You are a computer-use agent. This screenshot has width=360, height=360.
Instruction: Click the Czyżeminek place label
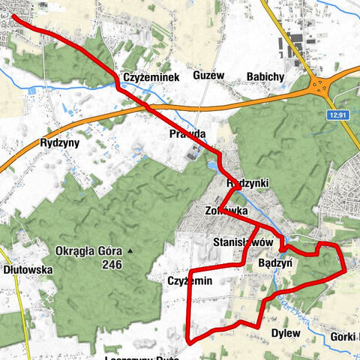pyautogui.click(x=145, y=77)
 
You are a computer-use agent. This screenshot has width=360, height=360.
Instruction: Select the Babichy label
pyautogui.click(x=265, y=76)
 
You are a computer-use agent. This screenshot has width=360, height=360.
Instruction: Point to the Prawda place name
pyautogui.click(x=187, y=135)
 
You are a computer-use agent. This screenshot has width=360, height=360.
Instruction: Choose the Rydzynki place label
pyautogui.click(x=247, y=183)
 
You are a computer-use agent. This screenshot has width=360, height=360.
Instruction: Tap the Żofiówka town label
pyautogui.click(x=226, y=211)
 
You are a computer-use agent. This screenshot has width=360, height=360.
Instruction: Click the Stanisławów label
pyautogui.click(x=243, y=243)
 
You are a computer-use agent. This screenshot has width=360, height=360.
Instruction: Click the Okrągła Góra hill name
pyautogui.click(x=88, y=250)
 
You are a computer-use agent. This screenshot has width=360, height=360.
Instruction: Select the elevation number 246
pyautogui.click(x=113, y=264)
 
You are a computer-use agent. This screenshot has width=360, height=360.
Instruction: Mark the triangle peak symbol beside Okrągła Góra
pyautogui.click(x=130, y=250)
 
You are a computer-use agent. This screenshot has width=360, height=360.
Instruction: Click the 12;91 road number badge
pyautogui.click(x=339, y=115)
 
